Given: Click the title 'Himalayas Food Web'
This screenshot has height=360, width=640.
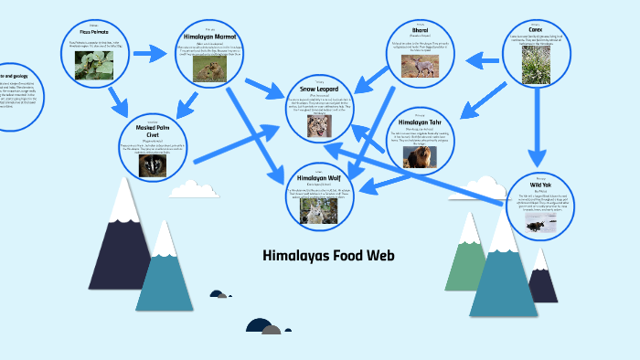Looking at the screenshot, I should [328, 255].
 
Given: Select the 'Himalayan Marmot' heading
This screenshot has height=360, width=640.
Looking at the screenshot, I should [211, 36].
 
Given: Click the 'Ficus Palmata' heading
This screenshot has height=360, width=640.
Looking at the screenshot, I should [95, 31].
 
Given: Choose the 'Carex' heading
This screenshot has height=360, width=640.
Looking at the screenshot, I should [535, 29].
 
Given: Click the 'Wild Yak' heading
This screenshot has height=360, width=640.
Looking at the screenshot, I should [541, 183].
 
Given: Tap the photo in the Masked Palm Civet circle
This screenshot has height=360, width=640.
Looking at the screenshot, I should [153, 165].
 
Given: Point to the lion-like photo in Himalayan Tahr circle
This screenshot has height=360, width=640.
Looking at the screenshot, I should [421, 155].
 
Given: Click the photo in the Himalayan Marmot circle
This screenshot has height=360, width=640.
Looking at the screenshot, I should [211, 70].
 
